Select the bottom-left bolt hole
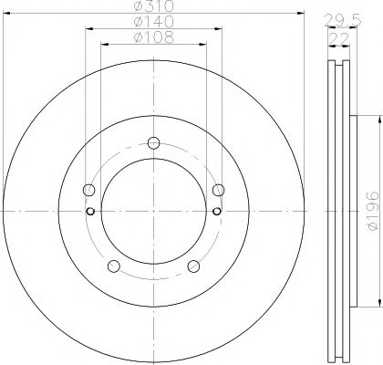114,266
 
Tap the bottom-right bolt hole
192,266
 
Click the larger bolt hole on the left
88,191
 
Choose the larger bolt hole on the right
218,191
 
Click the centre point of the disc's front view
153,212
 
